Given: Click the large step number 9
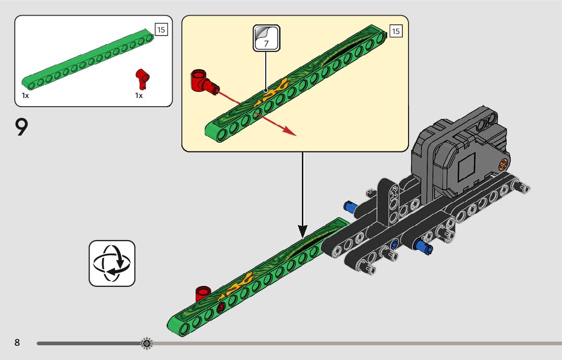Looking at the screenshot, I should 21,127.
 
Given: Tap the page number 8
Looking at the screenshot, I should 17,343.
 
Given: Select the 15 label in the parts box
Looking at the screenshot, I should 161,29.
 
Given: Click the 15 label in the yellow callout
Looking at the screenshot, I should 396,31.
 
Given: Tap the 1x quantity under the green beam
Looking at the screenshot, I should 25,95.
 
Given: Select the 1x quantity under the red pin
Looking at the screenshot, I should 139,95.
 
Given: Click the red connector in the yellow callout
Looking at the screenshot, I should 201,81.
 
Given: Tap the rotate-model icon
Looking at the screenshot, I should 112,263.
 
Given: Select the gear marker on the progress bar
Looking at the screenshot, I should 146,344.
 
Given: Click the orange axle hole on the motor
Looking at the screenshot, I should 504,163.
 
